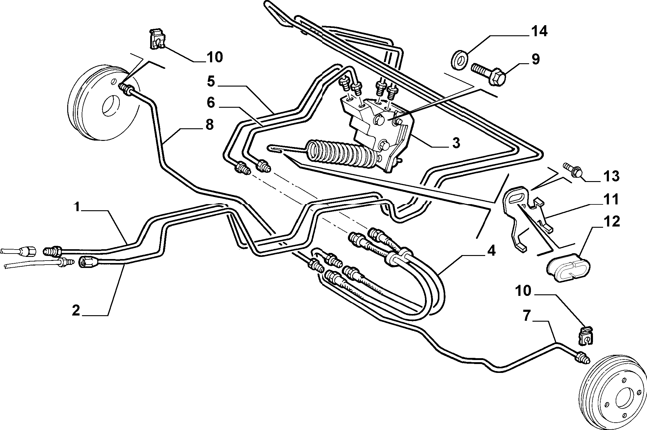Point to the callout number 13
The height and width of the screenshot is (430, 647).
(x=611, y=176)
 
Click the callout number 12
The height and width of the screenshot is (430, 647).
(x=611, y=222)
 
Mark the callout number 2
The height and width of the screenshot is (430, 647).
(x=76, y=310)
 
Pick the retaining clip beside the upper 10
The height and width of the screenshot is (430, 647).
(x=157, y=39)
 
